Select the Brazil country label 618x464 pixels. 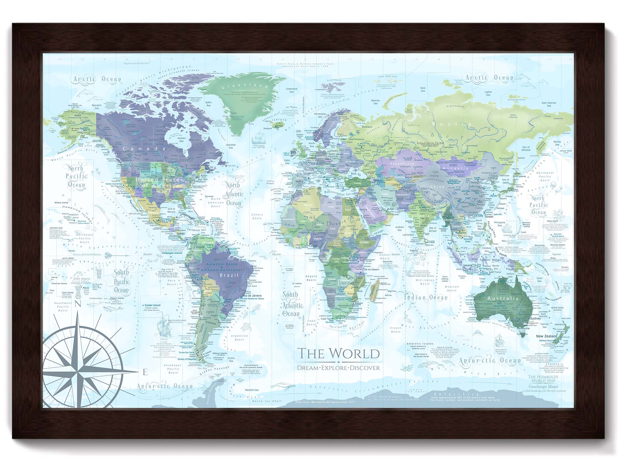[x=229, y=275]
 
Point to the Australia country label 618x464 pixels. [x=503, y=299]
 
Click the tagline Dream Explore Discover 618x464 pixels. [x=338, y=368]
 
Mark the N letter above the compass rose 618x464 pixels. [x=78, y=304]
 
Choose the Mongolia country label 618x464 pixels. [x=463, y=168]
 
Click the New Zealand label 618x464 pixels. [x=547, y=336]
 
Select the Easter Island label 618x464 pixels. [x=153, y=305]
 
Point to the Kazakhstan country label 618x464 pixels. [x=402, y=163]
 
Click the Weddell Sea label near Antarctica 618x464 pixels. [x=252, y=390]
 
